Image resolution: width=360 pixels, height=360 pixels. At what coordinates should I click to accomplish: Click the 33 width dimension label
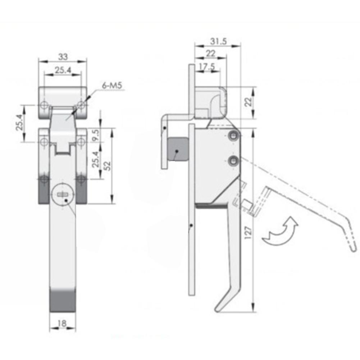[63, 57]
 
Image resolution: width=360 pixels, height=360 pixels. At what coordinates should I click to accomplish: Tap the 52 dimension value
[107, 165]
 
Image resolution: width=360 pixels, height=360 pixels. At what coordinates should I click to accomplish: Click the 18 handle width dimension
[62, 323]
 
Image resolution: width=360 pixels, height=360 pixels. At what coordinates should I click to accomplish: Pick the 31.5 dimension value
[218, 41]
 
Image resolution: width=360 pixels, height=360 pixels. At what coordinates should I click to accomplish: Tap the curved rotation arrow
[280, 232]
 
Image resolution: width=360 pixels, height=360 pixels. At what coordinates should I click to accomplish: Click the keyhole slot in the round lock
[63, 195]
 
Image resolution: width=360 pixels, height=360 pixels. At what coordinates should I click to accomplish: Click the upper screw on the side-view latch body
[234, 136]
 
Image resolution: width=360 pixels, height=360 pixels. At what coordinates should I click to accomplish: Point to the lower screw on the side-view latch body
[234, 161]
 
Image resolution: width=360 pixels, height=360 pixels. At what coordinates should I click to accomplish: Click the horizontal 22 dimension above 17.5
[211, 54]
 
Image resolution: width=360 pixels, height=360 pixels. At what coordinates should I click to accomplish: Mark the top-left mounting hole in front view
[44, 105]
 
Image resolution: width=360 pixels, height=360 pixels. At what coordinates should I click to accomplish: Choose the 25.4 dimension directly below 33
[63, 70]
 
